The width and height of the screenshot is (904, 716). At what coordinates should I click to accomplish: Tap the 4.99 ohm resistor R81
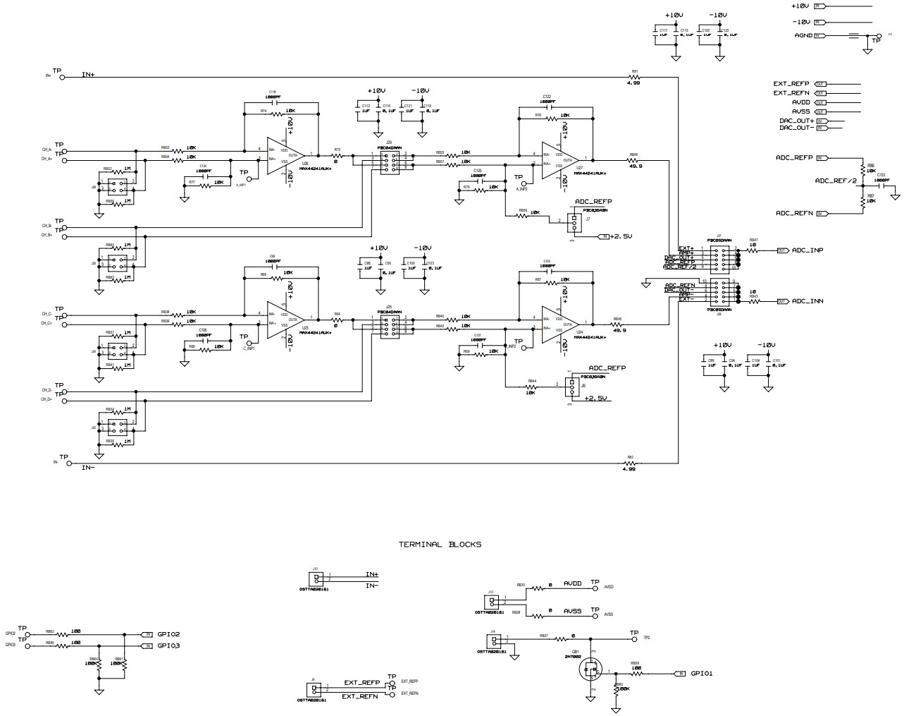(633, 78)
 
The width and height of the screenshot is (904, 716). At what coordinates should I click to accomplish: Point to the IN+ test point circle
(63, 78)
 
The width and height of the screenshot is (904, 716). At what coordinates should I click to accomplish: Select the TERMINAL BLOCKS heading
(440, 544)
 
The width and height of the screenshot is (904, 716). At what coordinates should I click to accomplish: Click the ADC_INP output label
(807, 250)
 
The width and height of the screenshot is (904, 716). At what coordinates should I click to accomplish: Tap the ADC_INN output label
(807, 301)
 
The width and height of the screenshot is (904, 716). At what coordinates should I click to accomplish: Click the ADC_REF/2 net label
(835, 181)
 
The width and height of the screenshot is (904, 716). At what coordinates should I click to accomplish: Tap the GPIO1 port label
(701, 674)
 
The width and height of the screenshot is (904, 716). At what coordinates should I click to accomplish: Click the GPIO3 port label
(168, 645)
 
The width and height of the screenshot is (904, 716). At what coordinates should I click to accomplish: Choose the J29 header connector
(389, 162)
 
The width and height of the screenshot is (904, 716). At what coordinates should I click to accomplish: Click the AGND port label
(803, 35)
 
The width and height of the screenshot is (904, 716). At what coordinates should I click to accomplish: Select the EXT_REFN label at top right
(791, 93)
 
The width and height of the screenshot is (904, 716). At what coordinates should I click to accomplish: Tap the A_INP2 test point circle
(523, 183)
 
